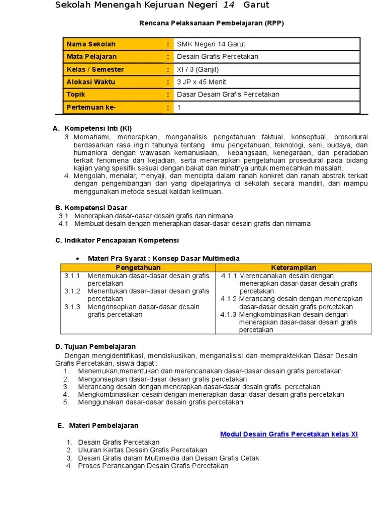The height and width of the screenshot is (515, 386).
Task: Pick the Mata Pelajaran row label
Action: point(91,57)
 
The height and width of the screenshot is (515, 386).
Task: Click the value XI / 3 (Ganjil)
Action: point(198,69)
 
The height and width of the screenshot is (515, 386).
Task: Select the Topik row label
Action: point(76,95)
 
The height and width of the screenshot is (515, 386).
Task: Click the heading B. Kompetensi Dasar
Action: point(91,208)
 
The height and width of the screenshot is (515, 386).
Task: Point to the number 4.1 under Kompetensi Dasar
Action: point(63,224)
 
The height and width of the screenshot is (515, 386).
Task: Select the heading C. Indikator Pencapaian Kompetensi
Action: point(117,240)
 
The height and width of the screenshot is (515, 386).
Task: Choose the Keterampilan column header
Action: point(294,268)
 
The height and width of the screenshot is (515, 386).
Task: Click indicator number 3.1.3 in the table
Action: point(72,307)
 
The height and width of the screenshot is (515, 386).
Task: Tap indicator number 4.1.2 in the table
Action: point(229,299)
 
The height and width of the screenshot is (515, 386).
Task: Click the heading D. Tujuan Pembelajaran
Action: point(95,347)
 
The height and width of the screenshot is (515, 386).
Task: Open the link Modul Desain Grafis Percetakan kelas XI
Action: point(289,434)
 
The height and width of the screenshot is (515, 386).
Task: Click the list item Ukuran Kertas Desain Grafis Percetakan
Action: point(142,450)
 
